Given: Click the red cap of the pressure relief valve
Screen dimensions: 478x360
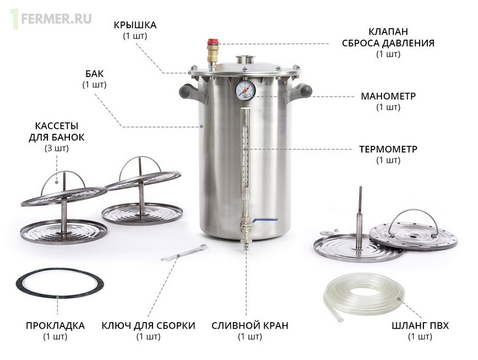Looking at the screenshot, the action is click(213, 42).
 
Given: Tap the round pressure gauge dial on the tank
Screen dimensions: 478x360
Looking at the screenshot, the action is click(245, 90).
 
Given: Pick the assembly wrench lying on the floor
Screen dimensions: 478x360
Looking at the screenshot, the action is click(184, 253).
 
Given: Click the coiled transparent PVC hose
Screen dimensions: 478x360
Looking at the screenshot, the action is click(363, 297).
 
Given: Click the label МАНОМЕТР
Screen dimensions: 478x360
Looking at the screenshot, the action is click(388, 96).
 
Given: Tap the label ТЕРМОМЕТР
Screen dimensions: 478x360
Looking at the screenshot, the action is click(388, 149).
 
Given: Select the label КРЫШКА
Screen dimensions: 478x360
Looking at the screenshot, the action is click(135, 25).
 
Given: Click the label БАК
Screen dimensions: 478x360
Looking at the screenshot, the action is click(95, 74).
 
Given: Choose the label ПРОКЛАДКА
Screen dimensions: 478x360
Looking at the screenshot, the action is click(55, 325).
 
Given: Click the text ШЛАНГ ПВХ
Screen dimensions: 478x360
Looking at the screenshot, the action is click(420, 325).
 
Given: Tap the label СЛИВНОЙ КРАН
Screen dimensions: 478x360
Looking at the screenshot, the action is click(249, 325).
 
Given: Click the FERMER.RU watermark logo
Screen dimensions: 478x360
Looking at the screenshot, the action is click(51, 19).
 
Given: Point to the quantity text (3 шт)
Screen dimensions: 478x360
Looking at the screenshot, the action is click(57, 149).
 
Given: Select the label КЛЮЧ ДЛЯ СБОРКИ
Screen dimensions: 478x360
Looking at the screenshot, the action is click(149, 325).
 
